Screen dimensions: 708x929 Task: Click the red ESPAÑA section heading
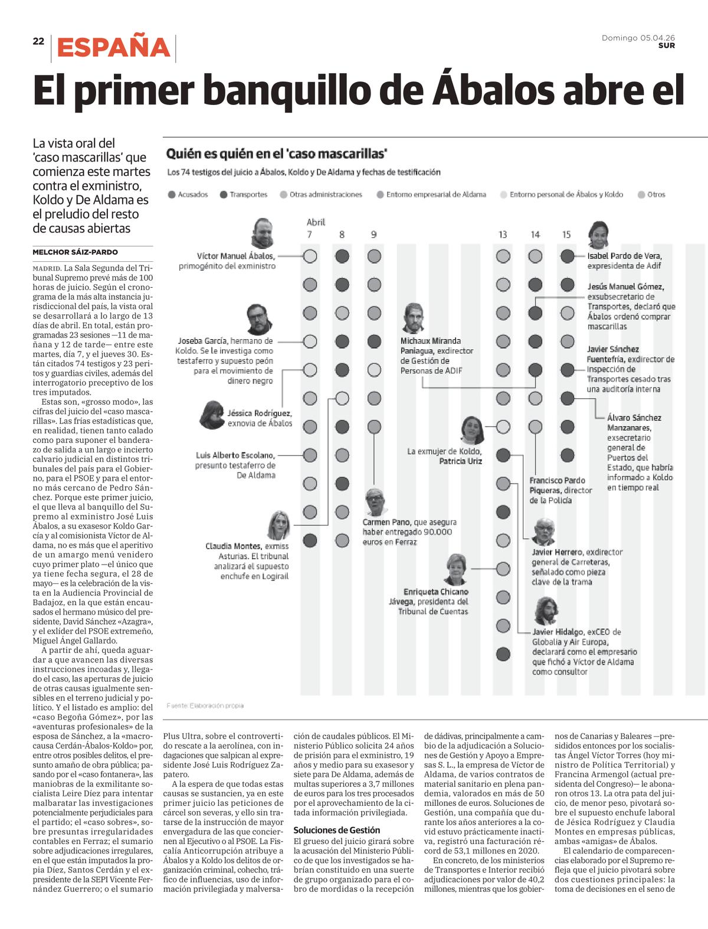(113, 47)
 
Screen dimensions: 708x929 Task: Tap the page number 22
(38, 41)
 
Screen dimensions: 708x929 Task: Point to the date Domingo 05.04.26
(638, 38)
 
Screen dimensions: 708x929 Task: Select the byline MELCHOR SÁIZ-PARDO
(76, 252)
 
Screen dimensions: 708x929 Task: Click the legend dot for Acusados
(172, 195)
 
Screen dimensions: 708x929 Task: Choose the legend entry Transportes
(244, 195)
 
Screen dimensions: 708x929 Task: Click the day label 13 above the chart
(503, 235)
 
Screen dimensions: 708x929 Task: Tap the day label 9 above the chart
(373, 235)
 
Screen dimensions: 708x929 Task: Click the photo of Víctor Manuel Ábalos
(263, 233)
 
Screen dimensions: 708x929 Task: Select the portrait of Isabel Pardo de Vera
(598, 235)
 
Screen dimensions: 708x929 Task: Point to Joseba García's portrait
(259, 319)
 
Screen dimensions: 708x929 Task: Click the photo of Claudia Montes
(279, 525)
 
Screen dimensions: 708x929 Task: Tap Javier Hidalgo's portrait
(546, 611)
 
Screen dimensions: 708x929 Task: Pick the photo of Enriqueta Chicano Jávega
(456, 569)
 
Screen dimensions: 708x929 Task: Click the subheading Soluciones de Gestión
(337, 830)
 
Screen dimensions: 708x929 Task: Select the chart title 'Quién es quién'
(277, 153)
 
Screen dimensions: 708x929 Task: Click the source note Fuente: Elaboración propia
(205, 705)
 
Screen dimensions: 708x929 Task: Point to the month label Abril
(316, 222)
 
